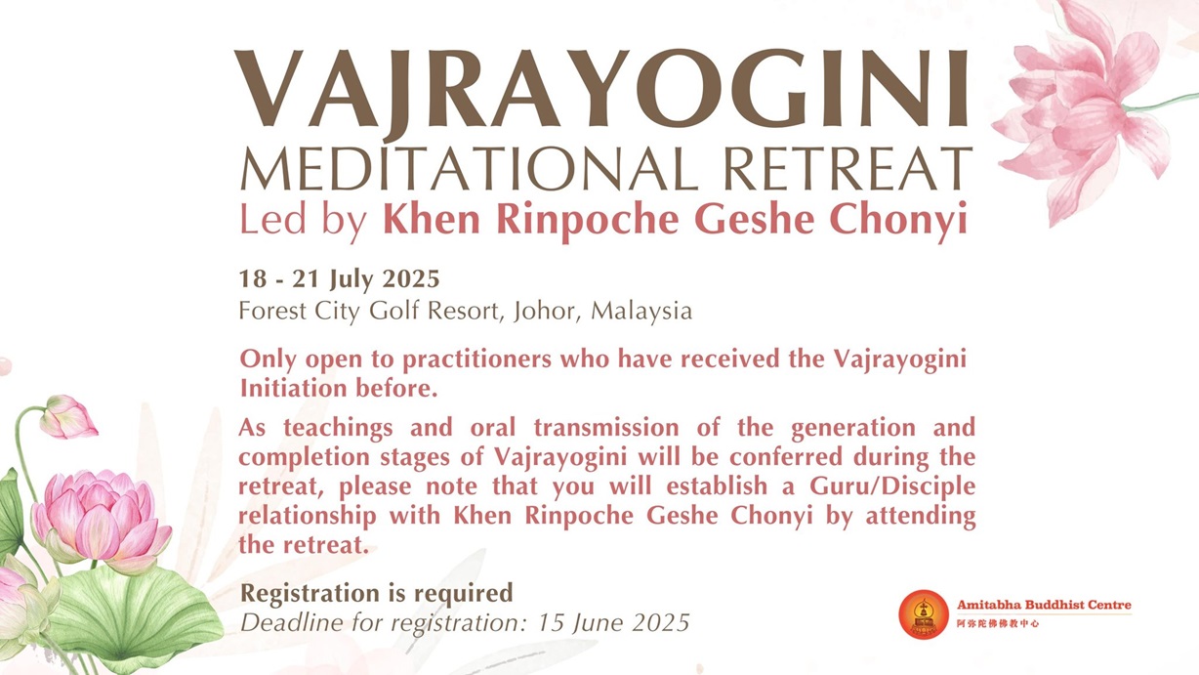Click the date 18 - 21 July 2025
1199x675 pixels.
tap(339, 279)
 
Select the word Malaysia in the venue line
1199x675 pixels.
tap(641, 312)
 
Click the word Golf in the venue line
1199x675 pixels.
tap(393, 311)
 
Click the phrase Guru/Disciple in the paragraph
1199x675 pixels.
tap(892, 486)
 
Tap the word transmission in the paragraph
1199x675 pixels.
tap(606, 428)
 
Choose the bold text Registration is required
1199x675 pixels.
tap(376, 593)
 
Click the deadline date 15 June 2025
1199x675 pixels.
tap(613, 622)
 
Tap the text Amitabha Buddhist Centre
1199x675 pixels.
tap(1044, 605)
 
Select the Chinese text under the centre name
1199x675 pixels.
tap(998, 623)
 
